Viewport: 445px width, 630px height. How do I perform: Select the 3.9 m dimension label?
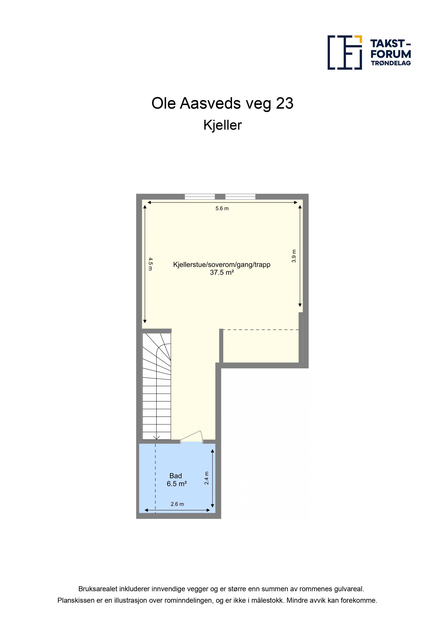click(x=294, y=256)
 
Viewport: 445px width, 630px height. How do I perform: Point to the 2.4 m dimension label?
click(x=207, y=478)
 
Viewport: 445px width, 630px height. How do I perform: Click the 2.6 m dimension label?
click(x=177, y=504)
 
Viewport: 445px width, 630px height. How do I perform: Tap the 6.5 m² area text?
click(x=177, y=484)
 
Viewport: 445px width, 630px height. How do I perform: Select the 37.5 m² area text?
click(x=222, y=272)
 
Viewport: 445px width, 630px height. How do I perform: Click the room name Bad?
click(x=175, y=476)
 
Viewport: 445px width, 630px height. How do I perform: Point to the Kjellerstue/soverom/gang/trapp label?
click(x=222, y=265)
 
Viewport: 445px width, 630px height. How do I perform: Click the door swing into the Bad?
click(x=192, y=437)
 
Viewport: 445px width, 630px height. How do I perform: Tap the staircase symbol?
click(x=157, y=386)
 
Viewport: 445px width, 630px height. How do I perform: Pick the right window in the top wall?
click(x=240, y=196)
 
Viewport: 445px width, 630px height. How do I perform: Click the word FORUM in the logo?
click(x=391, y=54)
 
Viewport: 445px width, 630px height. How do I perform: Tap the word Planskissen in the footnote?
click(x=76, y=600)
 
